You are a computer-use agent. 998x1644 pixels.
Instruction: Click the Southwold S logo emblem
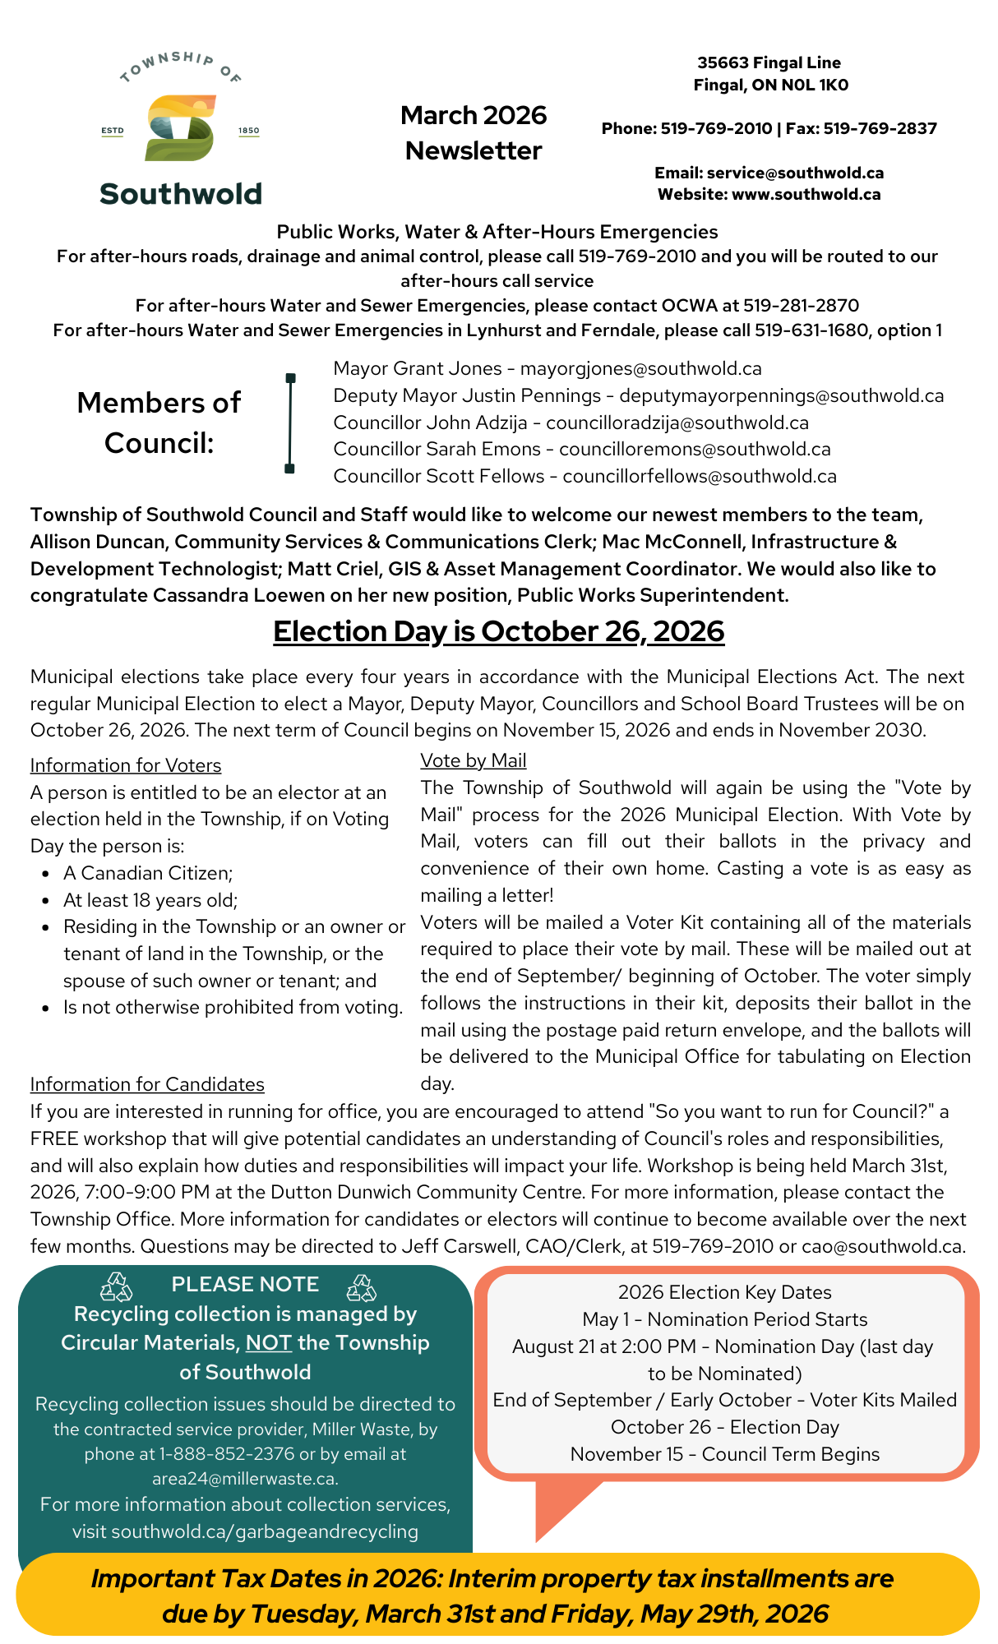tap(180, 127)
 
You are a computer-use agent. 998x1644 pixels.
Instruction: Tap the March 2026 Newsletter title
tap(474, 133)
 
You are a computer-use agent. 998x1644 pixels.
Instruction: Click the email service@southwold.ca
tap(795, 173)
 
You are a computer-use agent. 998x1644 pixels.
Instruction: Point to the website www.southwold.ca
tap(806, 195)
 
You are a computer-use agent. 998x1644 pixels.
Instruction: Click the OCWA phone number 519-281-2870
tap(801, 306)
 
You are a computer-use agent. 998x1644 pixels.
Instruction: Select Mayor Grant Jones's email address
tap(640, 369)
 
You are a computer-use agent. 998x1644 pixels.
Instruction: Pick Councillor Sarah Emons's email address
tap(695, 450)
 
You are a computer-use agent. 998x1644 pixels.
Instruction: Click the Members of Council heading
tap(159, 423)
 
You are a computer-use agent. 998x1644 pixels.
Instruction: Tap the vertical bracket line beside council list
tap(290, 423)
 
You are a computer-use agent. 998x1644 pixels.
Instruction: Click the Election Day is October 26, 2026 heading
tap(498, 631)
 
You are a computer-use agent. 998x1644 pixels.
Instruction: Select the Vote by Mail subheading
tap(473, 761)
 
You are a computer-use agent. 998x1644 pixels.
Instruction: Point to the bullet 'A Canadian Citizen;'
tap(148, 873)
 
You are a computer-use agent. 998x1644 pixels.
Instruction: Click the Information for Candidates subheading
tap(147, 1085)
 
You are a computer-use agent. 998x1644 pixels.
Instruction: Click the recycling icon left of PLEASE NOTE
tap(116, 1287)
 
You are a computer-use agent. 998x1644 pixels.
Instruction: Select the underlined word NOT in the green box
tap(268, 1343)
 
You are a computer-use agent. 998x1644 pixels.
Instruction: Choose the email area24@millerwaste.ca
tap(244, 1479)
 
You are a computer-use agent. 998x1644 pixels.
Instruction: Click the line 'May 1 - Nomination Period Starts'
tap(724, 1319)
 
